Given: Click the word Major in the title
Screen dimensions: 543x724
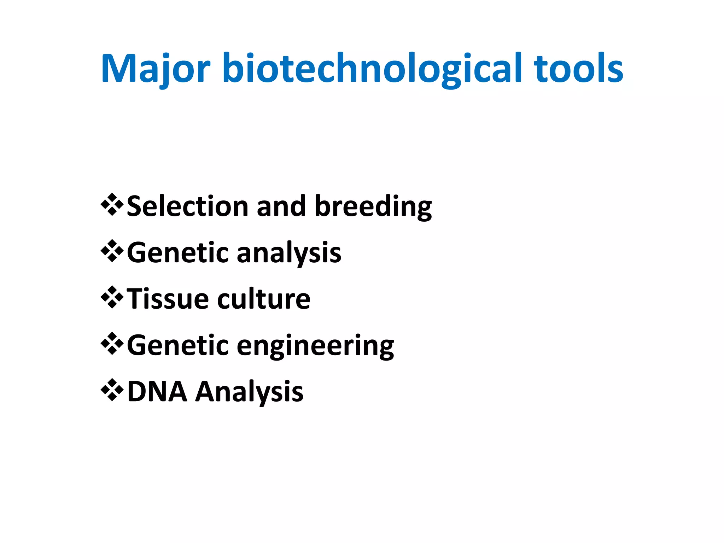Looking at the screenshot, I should click(156, 69).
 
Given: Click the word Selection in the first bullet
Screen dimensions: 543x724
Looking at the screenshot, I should click(187, 206).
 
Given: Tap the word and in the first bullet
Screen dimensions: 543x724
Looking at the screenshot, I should click(281, 206).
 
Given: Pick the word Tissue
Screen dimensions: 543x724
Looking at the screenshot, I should click(168, 299).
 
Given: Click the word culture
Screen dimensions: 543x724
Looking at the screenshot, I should click(264, 299).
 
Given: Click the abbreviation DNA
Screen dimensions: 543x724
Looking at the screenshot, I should click(157, 391).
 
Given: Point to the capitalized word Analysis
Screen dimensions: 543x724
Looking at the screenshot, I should click(250, 392).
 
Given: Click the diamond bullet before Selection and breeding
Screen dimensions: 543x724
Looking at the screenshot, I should click(112, 204).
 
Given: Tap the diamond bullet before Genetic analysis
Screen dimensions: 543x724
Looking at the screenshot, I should click(112, 251).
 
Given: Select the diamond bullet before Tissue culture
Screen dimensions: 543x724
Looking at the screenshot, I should click(112, 297).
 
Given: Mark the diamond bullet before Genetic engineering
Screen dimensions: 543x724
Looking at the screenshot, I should click(112, 344).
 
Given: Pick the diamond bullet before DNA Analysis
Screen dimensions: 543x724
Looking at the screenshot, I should click(112, 390).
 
